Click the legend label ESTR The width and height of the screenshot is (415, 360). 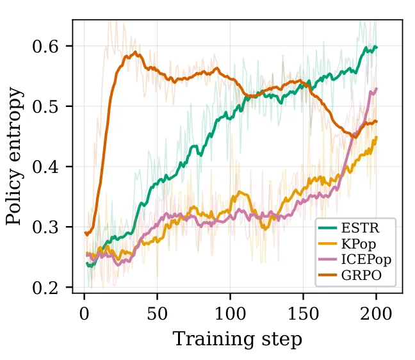360,228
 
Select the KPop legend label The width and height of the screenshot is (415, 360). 359,244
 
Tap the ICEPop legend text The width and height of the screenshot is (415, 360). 366,259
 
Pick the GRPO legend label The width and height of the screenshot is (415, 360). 361,275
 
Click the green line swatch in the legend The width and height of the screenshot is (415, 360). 327,228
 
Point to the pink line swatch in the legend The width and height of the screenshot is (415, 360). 327,259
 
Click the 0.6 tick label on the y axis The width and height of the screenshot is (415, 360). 45,47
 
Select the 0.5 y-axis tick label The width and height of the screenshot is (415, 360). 45,107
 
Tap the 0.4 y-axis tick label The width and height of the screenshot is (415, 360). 45,167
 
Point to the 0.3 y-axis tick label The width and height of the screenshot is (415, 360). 45,227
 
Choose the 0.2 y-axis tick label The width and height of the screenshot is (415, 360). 45,288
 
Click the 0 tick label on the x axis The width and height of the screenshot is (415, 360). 84,314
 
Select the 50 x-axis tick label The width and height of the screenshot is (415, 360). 157,314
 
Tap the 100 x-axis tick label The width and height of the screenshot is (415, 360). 230,314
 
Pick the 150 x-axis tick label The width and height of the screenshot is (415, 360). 303,314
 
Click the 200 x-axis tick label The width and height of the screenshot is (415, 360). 376,314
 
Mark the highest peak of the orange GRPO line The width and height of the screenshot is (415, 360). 136,52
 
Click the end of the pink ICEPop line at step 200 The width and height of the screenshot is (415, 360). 377,88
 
